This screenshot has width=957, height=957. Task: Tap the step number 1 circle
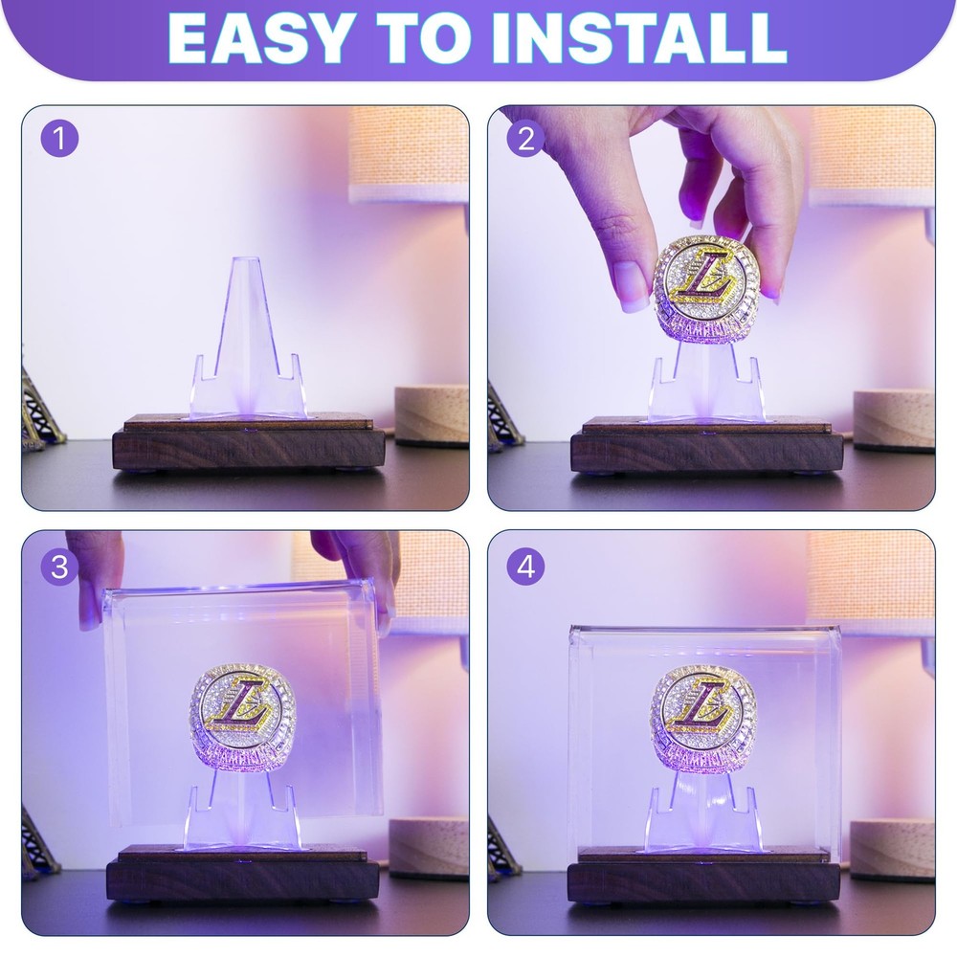tap(59, 140)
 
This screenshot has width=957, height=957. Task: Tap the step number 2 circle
tap(525, 140)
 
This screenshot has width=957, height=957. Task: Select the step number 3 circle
tap(59, 567)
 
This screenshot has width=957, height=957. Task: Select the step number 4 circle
tap(525, 567)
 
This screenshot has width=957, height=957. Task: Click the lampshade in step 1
tap(410, 153)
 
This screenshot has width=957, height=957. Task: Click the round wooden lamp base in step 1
tap(432, 415)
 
